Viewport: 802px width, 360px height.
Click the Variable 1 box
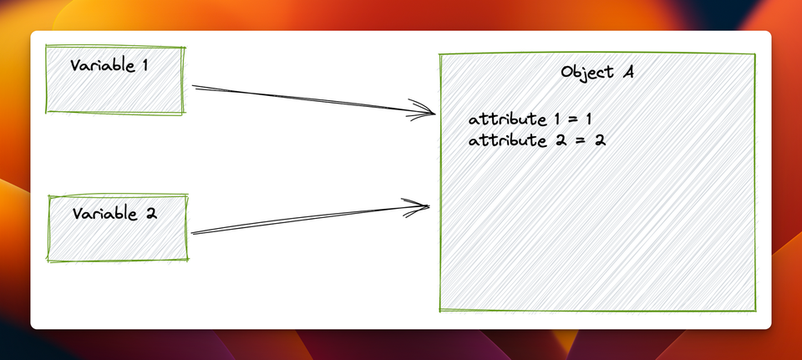[114, 80]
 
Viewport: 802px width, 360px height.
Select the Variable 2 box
[118, 228]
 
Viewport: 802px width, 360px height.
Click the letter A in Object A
[627, 72]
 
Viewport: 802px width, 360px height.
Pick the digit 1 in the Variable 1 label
[145, 65]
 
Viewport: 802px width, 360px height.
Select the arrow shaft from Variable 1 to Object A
[309, 99]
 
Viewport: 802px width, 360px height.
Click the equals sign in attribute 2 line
[580, 139]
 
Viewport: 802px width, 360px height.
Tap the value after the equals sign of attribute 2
[599, 139]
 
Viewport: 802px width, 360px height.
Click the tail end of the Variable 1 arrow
[195, 86]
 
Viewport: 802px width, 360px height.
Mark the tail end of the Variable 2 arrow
[193, 233]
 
